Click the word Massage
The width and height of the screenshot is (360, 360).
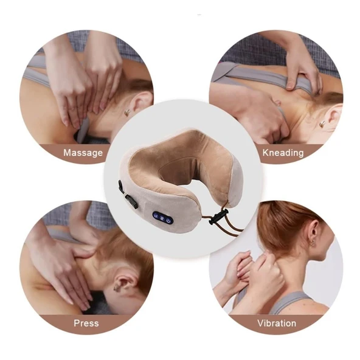coord(83,153)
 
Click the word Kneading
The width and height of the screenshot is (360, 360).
coord(283,153)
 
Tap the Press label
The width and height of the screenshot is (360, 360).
coord(86,323)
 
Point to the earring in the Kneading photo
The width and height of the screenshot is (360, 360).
coord(322,124)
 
